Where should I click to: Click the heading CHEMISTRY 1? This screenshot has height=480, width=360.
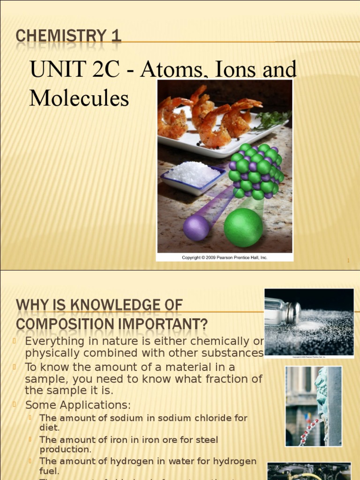click(x=68, y=36)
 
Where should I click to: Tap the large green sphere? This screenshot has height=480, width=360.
click(x=243, y=227)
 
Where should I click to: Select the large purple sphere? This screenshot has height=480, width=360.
click(x=196, y=228)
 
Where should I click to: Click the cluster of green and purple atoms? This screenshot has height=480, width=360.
click(x=255, y=172)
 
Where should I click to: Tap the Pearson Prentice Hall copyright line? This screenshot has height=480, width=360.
click(x=225, y=257)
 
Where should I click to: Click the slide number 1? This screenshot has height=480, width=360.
click(x=348, y=261)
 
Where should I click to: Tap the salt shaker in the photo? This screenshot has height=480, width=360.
click(x=282, y=312)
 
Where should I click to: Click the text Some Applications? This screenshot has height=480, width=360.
click(x=78, y=405)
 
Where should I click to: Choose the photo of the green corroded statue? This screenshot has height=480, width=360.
click(x=314, y=406)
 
